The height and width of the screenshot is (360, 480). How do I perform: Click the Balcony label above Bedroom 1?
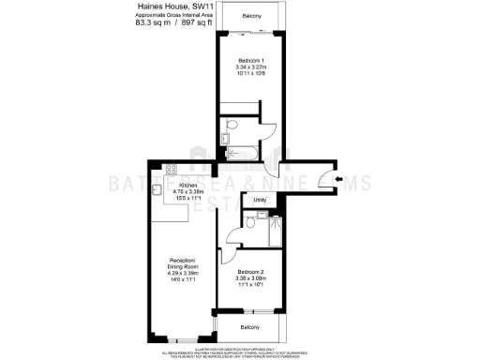click(249, 18)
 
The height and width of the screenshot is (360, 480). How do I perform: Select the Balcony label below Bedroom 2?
click(248, 326)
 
